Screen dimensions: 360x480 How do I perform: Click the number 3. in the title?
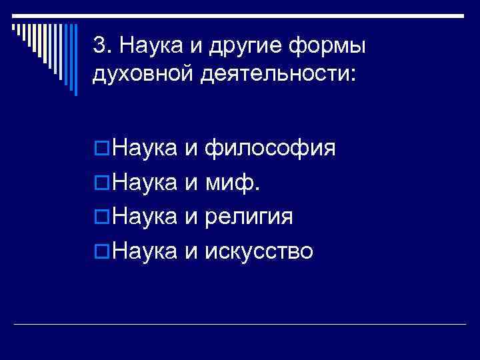tap(102, 46)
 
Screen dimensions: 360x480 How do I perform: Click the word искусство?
tap(259, 251)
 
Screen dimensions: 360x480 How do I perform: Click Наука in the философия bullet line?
tap(144, 147)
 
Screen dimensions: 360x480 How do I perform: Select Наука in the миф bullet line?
tap(144, 181)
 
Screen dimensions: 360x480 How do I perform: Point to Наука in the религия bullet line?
tap(144, 216)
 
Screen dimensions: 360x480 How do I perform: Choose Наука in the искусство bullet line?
tap(144, 251)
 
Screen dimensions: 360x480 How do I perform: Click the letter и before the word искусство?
tap(191, 251)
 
